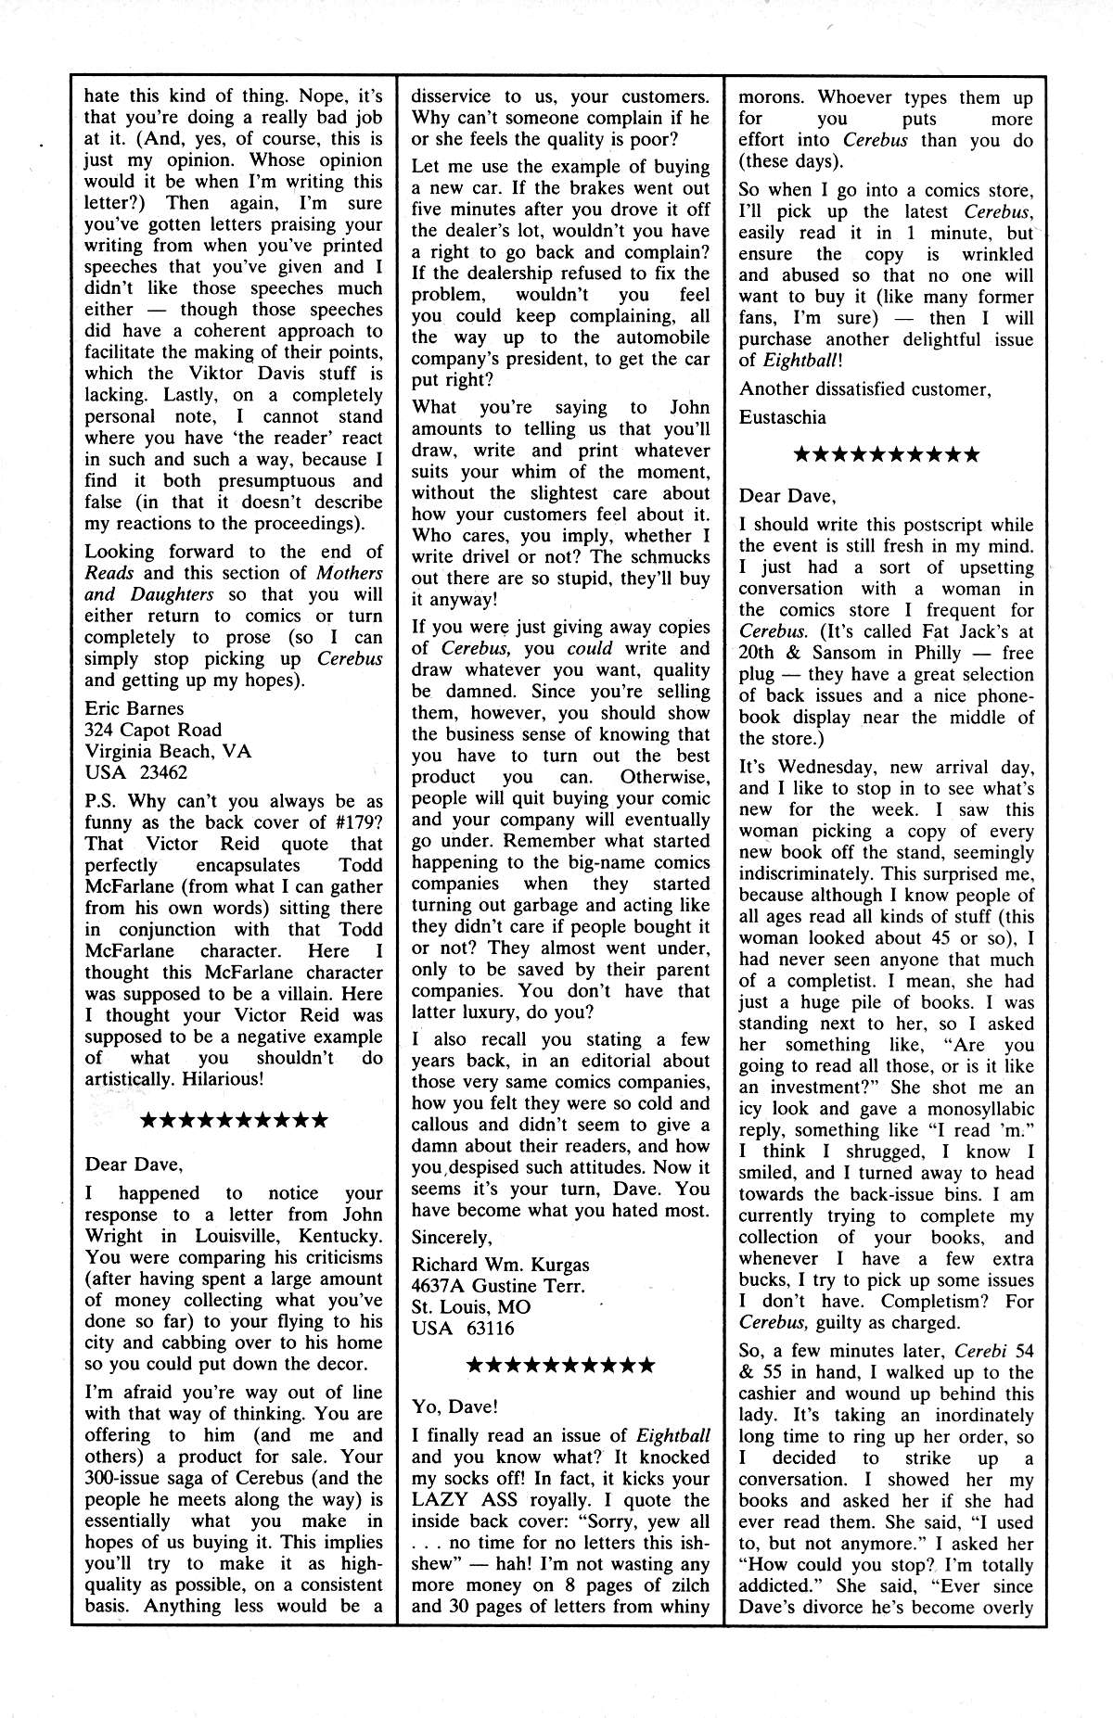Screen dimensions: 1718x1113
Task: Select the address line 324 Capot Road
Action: click(152, 730)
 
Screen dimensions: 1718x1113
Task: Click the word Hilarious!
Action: click(220, 1078)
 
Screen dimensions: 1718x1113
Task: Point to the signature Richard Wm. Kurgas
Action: click(500, 1264)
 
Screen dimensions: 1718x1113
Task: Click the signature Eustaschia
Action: click(782, 416)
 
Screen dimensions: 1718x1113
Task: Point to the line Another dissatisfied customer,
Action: click(864, 388)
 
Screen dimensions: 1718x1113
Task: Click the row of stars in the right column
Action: click(886, 455)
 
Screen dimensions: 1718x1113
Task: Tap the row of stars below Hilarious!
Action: click(233, 1120)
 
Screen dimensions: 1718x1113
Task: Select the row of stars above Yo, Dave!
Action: click(560, 1365)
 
